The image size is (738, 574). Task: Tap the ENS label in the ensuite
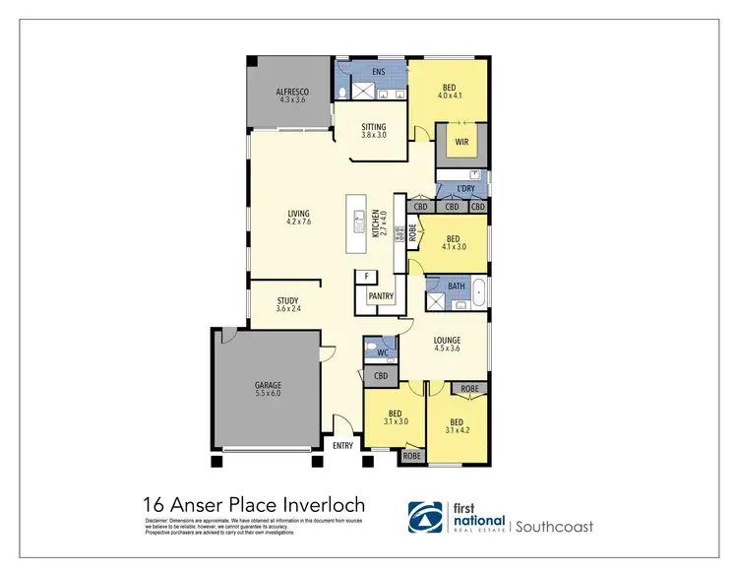click(x=379, y=72)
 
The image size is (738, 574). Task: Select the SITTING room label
click(x=374, y=127)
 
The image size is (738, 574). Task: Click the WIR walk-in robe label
click(x=461, y=142)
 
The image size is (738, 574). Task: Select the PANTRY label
click(x=381, y=296)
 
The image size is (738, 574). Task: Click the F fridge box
click(x=366, y=277)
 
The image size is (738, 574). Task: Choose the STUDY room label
click(x=286, y=301)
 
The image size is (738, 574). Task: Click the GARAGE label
click(x=268, y=385)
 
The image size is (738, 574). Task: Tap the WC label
click(x=381, y=351)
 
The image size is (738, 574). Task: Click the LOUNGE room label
click(x=448, y=341)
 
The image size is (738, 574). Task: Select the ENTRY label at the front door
click(x=343, y=446)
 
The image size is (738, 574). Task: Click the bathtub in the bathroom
click(x=479, y=293)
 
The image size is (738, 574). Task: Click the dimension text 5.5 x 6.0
click(x=268, y=394)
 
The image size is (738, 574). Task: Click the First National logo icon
click(x=425, y=518)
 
